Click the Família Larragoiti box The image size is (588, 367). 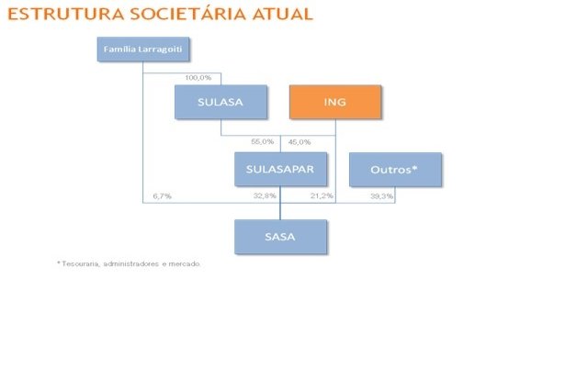click(x=142, y=49)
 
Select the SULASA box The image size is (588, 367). click(x=220, y=102)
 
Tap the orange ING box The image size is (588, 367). click(x=334, y=102)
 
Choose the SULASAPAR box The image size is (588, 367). click(x=280, y=170)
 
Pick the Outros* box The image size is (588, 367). click(x=395, y=170)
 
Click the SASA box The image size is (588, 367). click(x=280, y=237)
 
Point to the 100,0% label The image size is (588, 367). click(x=199, y=77)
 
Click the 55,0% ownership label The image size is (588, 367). click(x=262, y=141)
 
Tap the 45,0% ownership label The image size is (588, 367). click(x=300, y=141)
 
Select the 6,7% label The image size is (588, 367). click(x=162, y=196)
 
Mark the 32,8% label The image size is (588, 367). click(x=265, y=196)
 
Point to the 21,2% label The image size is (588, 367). click(x=322, y=196)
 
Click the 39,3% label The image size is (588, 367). click(x=381, y=196)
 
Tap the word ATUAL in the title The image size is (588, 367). click(x=280, y=15)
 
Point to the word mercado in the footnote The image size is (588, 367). click(x=183, y=264)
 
